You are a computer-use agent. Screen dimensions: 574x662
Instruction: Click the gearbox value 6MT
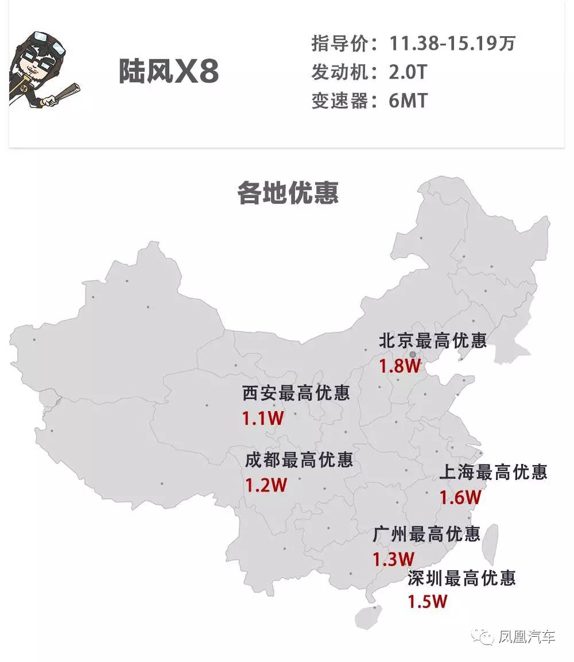[x=408, y=101]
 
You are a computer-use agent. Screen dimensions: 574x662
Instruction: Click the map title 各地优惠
[x=288, y=193]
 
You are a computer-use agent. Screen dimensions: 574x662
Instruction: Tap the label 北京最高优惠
[x=432, y=340]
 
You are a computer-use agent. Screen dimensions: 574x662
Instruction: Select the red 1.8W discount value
[x=400, y=366]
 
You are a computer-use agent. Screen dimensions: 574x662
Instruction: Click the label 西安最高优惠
[x=296, y=393]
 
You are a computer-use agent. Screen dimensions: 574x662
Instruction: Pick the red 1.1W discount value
[x=263, y=419]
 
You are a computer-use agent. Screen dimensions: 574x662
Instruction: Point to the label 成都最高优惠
[x=298, y=460]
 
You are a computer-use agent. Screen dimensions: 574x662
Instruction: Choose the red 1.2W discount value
[x=266, y=486]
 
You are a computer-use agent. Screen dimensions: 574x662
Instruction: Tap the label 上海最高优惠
[x=493, y=472]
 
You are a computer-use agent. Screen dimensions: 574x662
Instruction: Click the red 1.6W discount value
[x=460, y=497]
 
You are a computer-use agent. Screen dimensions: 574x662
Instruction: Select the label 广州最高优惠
[x=426, y=534]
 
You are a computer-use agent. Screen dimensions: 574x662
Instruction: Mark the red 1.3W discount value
[x=393, y=559]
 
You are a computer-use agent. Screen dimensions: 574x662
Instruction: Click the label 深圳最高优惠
[x=461, y=577]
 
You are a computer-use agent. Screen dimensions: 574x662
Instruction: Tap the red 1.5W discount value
[x=427, y=601]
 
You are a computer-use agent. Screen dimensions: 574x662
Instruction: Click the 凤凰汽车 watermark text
[x=527, y=636]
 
